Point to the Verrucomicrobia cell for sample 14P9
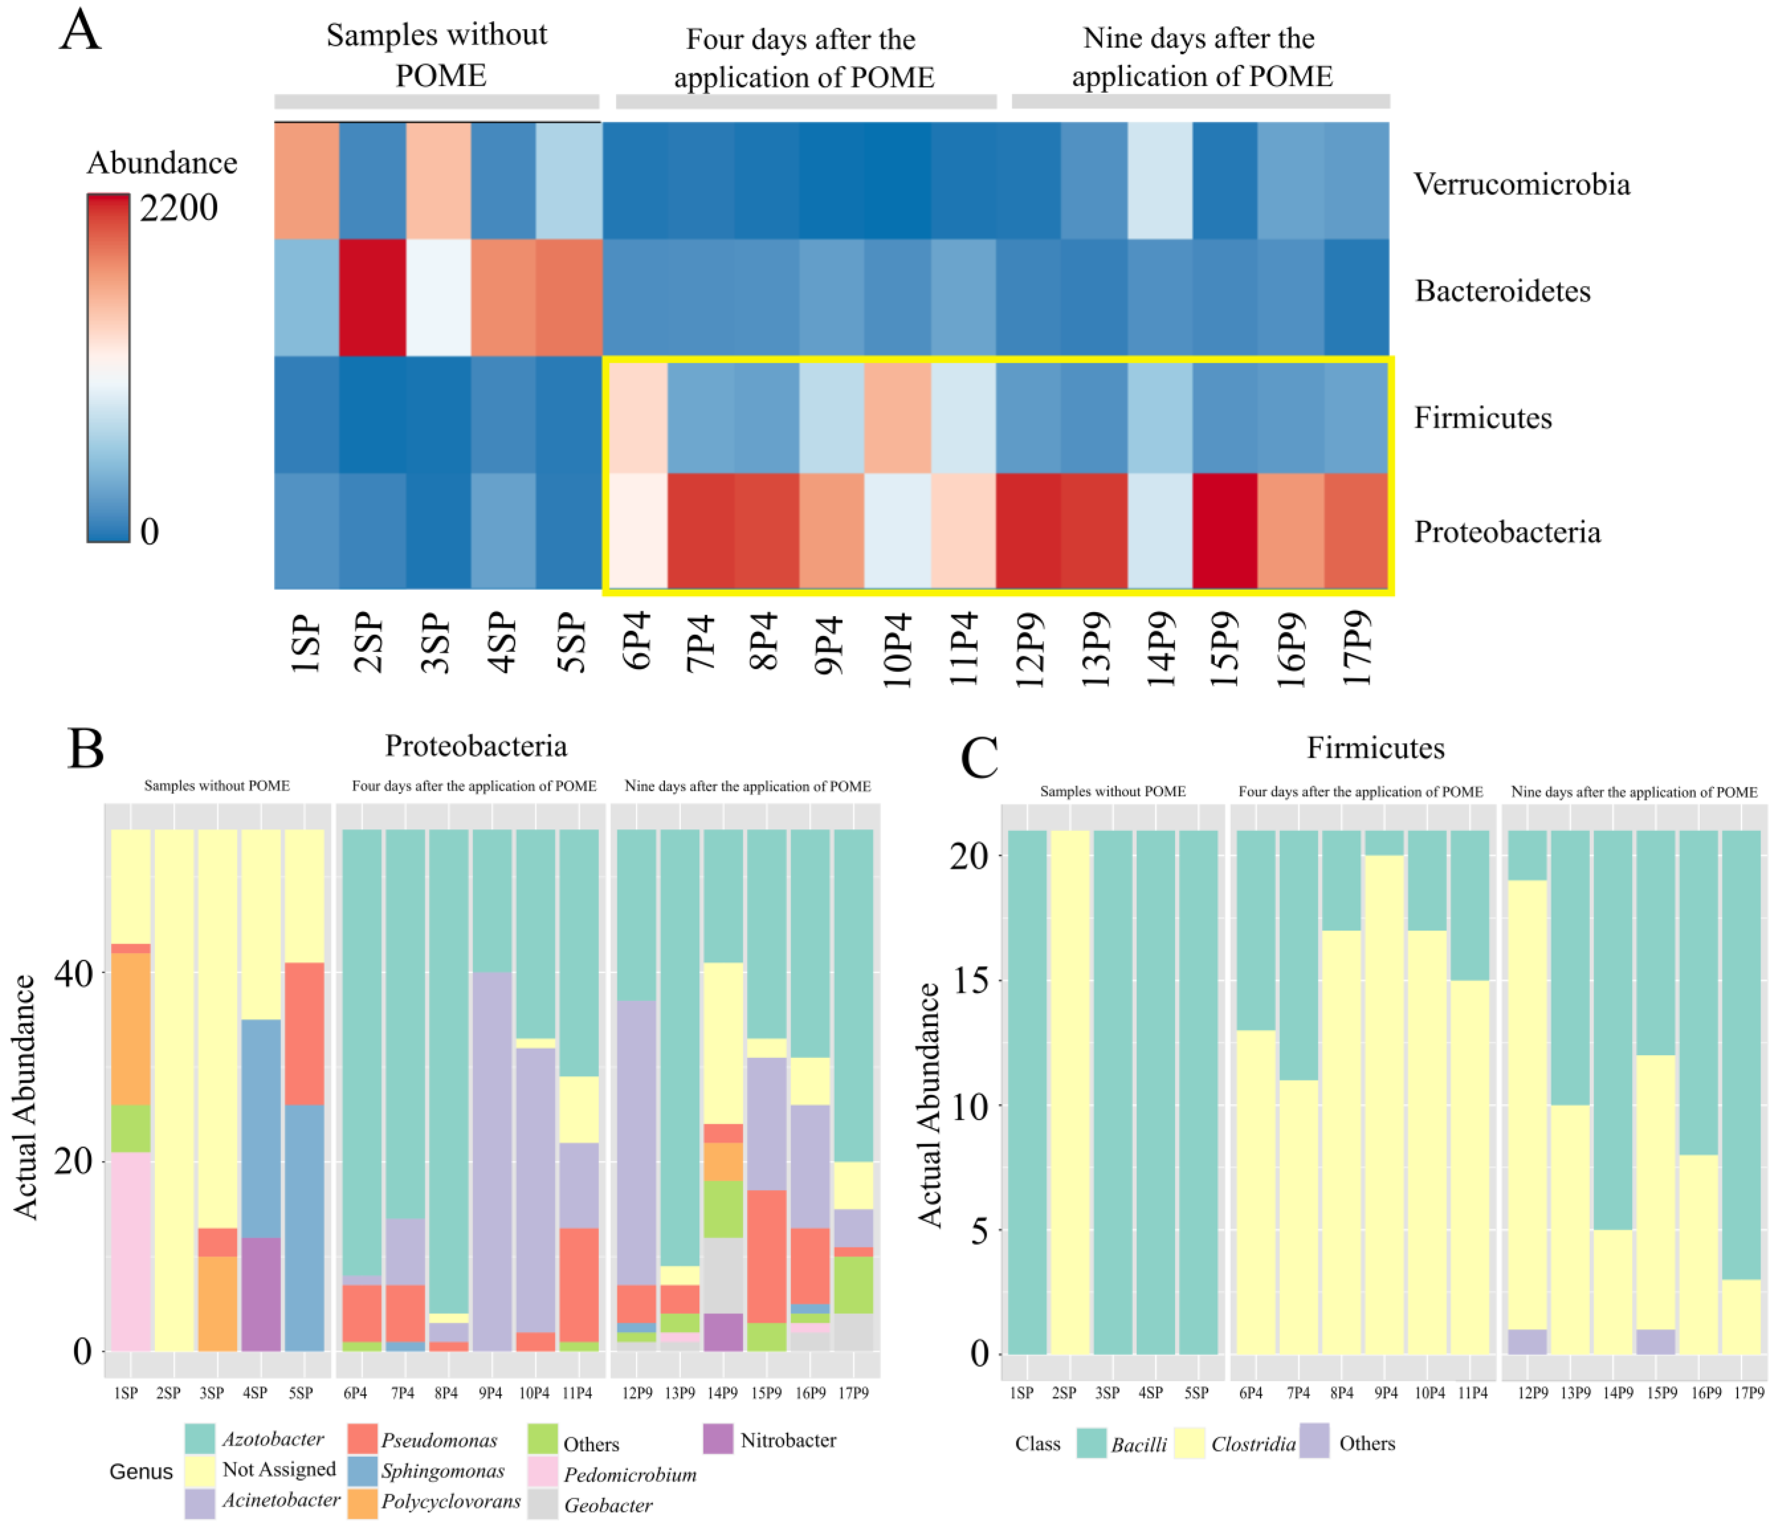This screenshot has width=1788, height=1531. click(1160, 181)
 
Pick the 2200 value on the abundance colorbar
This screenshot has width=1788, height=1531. click(179, 208)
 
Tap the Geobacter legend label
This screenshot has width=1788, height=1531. click(609, 1505)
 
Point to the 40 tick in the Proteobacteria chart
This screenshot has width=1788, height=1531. click(73, 973)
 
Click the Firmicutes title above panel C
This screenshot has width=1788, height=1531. click(1375, 747)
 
